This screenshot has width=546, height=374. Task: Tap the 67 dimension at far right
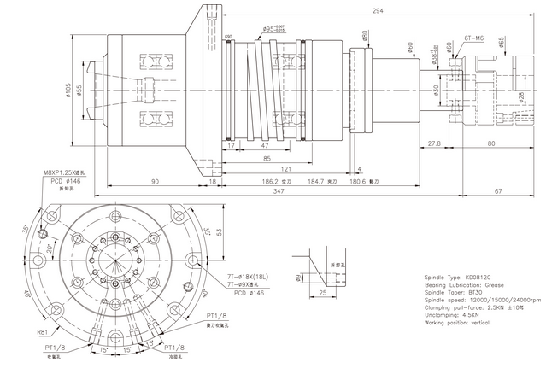pos(522,192)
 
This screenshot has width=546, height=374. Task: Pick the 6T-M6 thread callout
pos(476,38)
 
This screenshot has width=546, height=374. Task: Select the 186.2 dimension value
pos(273,182)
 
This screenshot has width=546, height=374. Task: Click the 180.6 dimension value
pos(352,182)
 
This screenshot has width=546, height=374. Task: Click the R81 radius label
pos(41,333)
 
